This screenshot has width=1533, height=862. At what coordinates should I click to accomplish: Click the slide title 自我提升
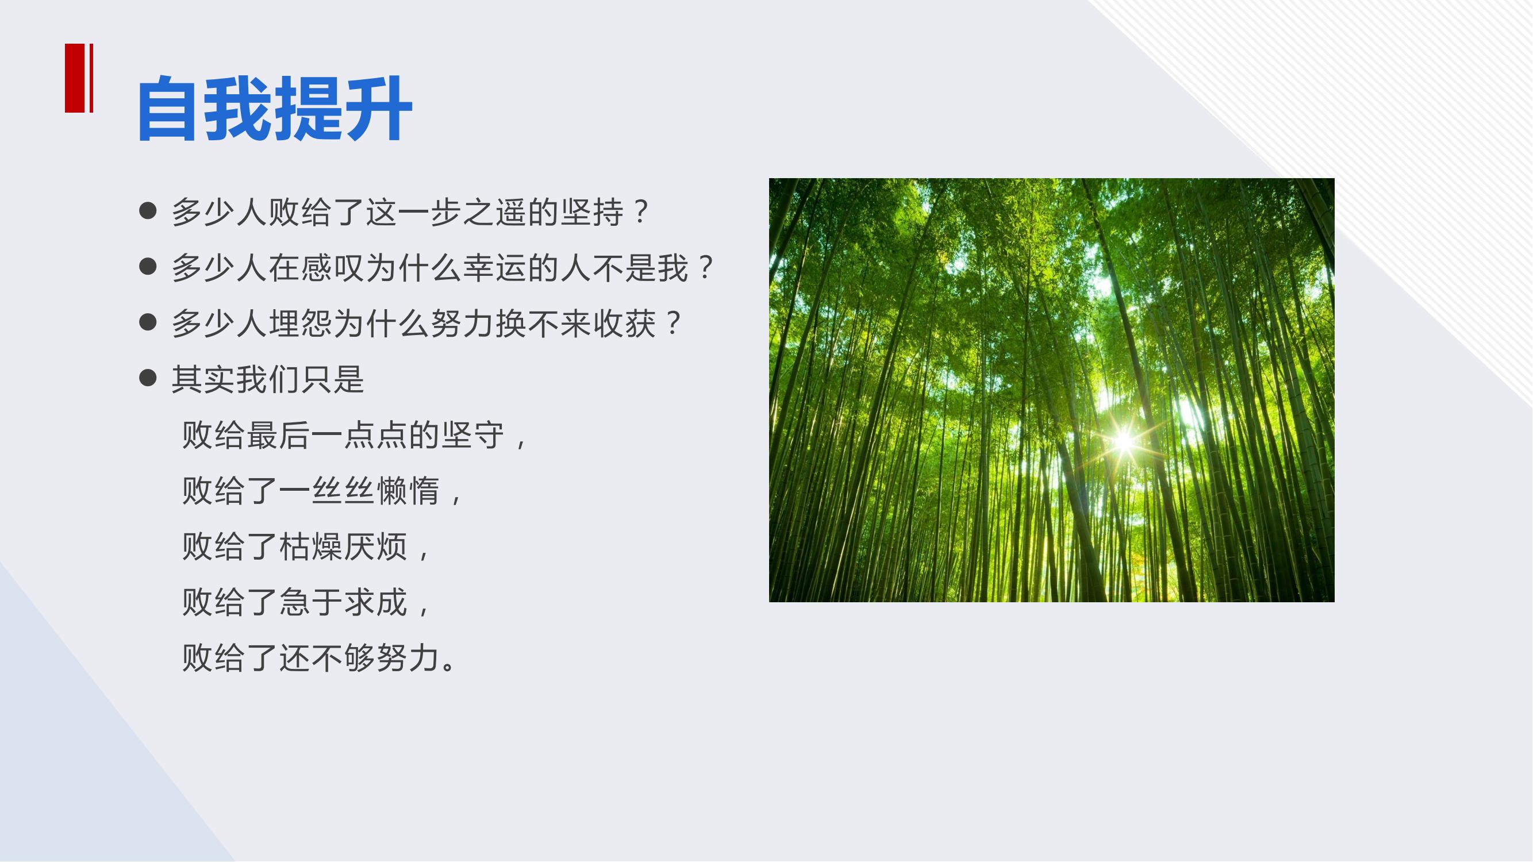[x=274, y=108]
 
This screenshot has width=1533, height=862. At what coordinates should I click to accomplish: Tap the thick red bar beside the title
[x=74, y=78]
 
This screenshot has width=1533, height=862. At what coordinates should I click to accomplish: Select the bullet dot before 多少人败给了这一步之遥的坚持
[x=148, y=210]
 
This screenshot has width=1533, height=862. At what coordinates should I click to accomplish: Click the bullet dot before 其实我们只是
[x=148, y=378]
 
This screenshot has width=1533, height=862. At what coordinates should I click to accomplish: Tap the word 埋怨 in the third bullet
[x=301, y=324]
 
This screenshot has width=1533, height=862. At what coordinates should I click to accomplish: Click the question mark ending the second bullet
[x=706, y=268]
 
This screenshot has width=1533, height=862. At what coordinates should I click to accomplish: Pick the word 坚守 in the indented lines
[x=473, y=435]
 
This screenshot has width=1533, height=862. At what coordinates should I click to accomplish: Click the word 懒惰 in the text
[x=408, y=491]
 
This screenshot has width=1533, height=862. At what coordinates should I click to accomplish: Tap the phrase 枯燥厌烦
[x=343, y=547]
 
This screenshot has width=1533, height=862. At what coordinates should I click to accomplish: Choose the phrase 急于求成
[x=343, y=602]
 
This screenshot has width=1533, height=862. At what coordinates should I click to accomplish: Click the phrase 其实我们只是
[x=268, y=379]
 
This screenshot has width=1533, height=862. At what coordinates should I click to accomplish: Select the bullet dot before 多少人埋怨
[x=148, y=322]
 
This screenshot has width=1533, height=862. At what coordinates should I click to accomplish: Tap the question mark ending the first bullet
[x=641, y=212]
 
